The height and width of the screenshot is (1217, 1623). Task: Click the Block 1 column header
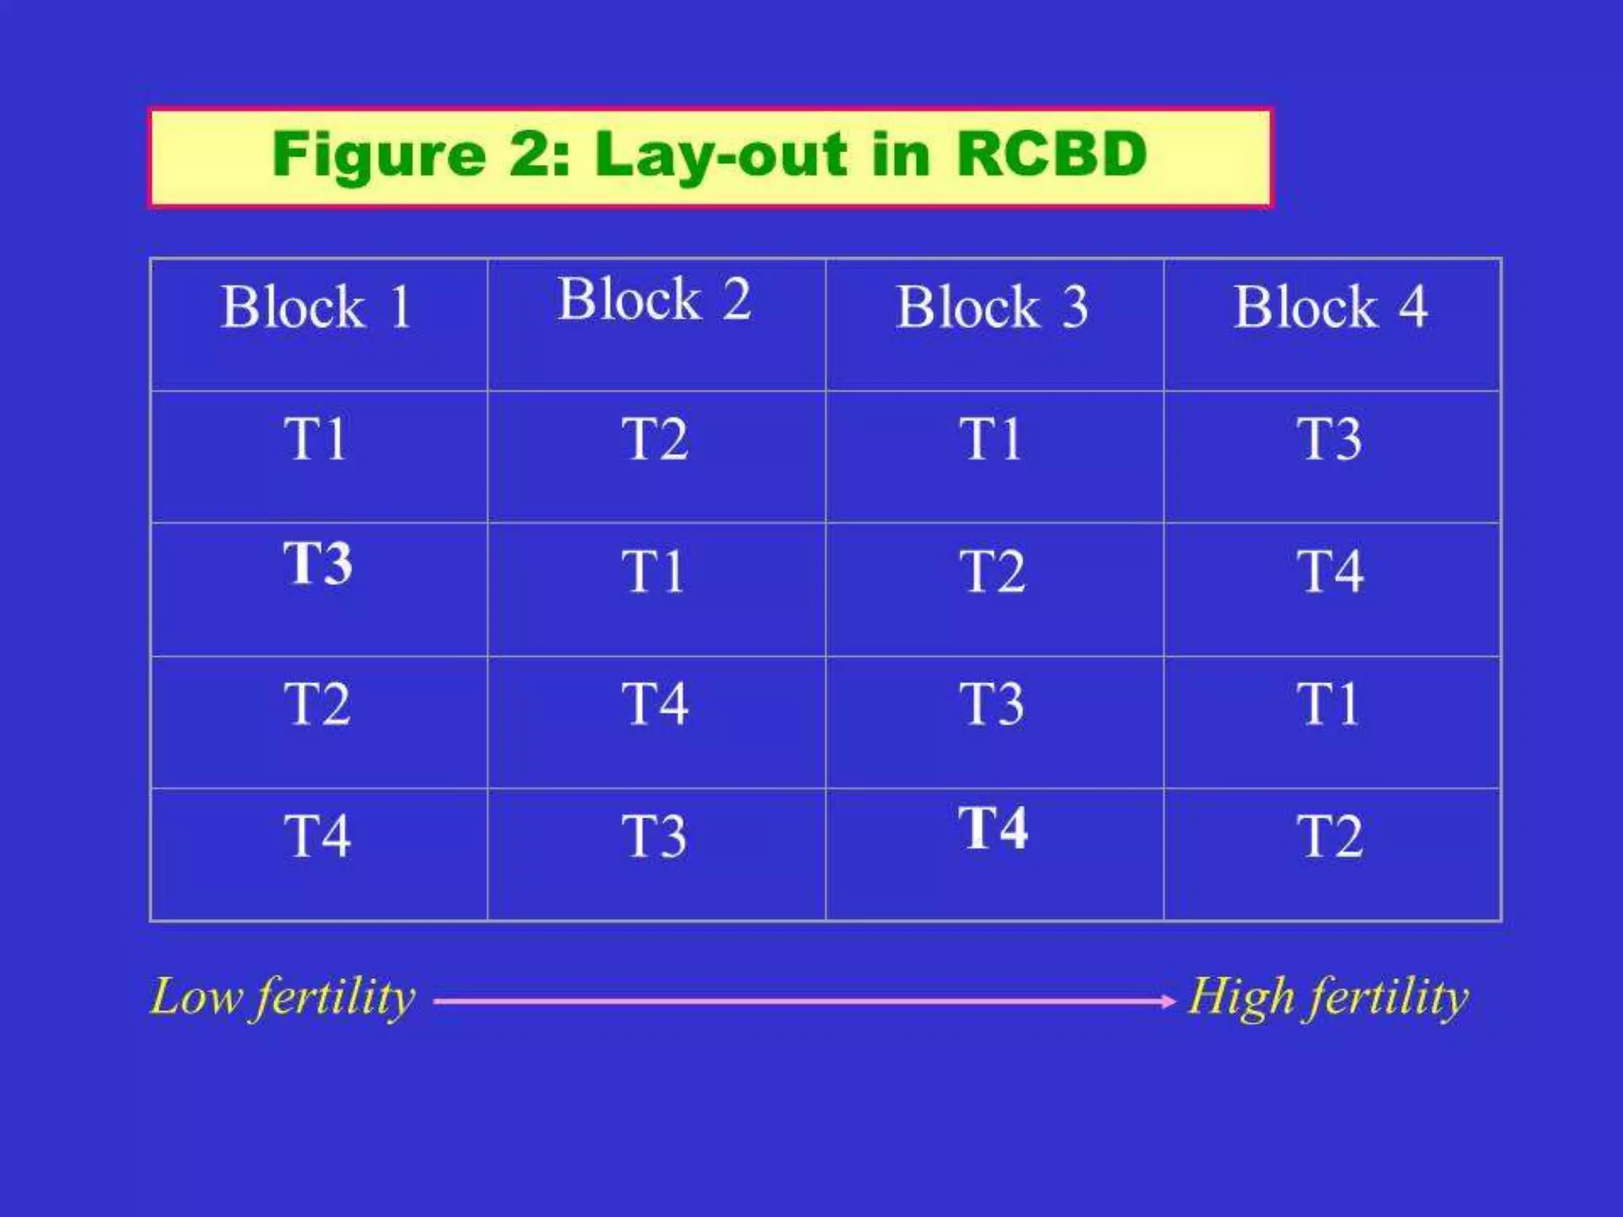(x=317, y=307)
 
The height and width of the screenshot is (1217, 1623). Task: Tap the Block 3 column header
(x=993, y=307)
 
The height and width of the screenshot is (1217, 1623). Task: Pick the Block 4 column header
(x=1331, y=307)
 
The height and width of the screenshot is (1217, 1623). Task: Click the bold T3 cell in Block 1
(x=318, y=563)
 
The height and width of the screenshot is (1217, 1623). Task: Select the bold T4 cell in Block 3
(x=993, y=828)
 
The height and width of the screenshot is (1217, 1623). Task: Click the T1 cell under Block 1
(x=315, y=439)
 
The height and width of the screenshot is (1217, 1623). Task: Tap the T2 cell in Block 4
(x=1331, y=837)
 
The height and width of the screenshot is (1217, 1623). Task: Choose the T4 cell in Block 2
(x=655, y=704)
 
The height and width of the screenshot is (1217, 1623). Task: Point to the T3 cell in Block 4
(x=1330, y=439)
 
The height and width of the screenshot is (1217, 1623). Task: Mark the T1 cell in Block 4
(x=1328, y=704)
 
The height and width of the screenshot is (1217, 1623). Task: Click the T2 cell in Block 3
(x=992, y=571)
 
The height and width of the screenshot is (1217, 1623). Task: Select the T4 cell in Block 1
(x=318, y=837)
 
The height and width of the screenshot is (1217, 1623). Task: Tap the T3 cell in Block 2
(x=654, y=837)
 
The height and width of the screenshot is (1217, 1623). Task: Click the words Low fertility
(x=283, y=998)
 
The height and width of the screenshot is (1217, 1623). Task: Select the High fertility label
(x=1328, y=998)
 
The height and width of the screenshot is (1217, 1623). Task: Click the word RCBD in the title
(x=1052, y=155)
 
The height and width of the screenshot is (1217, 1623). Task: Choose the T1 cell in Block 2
(x=652, y=571)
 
